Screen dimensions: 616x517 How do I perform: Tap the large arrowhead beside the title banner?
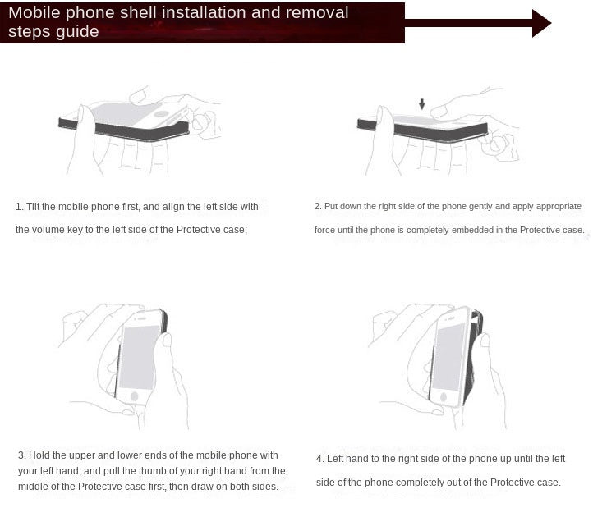(x=541, y=24)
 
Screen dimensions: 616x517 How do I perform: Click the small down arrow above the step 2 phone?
(x=421, y=104)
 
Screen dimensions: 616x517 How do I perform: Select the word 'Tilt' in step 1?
(x=33, y=207)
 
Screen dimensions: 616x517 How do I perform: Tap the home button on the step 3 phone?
(x=135, y=396)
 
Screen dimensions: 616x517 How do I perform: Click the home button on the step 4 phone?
(x=444, y=396)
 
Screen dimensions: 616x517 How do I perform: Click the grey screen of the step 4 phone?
(x=448, y=358)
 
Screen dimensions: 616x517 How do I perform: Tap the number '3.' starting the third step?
(x=22, y=455)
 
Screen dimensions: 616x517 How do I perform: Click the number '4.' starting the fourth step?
(x=320, y=459)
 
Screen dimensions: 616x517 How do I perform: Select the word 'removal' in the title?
(x=317, y=12)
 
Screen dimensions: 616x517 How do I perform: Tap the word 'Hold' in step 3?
(x=39, y=455)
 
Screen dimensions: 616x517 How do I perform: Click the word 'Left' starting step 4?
(x=333, y=459)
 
